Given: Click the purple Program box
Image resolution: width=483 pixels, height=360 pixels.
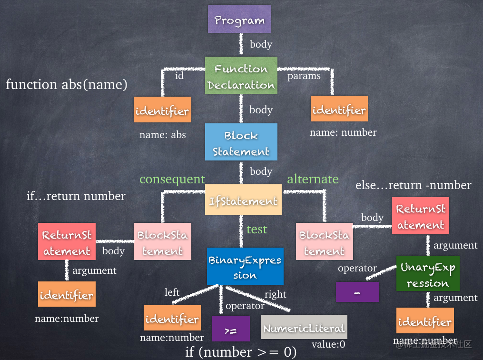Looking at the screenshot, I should (239, 19).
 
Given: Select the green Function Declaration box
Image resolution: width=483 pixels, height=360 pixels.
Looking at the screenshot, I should (241, 76).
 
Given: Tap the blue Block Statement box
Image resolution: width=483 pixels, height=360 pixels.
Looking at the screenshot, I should (241, 143).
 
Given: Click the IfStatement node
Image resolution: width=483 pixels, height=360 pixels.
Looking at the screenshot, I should (243, 200).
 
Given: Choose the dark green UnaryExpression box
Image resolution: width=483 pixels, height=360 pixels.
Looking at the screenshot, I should (428, 274).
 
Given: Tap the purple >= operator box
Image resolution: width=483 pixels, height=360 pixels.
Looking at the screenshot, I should (231, 328).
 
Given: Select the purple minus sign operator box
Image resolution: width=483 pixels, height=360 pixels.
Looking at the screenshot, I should (357, 291).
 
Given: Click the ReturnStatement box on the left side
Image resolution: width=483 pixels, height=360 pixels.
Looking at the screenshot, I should (67, 242).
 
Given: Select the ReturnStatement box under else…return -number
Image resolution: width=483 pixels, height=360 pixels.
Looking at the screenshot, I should (421, 216).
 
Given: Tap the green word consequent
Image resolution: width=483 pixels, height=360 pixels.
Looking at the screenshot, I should (172, 179).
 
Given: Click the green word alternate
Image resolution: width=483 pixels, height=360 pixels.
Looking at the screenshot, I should (313, 179).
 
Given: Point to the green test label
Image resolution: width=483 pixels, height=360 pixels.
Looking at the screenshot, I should (256, 229).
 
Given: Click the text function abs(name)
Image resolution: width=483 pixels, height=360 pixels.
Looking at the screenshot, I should (67, 84).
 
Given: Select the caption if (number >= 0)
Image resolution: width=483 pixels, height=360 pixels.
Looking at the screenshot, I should (241, 352).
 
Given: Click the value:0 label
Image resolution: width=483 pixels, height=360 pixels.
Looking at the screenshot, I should (328, 344).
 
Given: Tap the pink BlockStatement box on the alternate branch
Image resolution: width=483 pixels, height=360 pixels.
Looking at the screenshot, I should (324, 242).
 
